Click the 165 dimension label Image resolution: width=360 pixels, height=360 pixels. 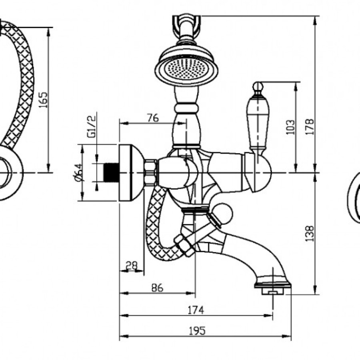(x=43, y=100)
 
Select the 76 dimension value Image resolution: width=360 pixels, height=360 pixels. (x=153, y=118)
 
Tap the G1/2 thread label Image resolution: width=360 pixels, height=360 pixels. (x=91, y=126)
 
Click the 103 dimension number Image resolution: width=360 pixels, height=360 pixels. (x=290, y=127)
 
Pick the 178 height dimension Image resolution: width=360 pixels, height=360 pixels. (x=310, y=127)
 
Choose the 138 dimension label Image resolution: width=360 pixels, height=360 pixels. (x=310, y=234)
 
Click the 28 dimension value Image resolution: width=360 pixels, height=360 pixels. (x=132, y=266)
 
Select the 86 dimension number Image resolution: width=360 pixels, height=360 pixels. (x=157, y=288)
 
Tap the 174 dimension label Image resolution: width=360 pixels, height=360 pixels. (x=196, y=310)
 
